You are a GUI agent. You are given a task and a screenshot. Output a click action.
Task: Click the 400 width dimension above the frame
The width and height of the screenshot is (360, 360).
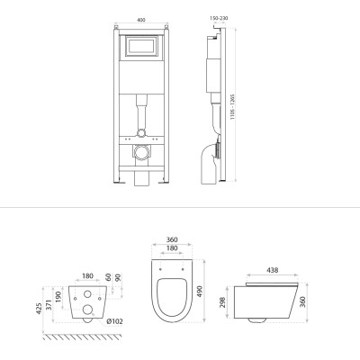tap(141, 20)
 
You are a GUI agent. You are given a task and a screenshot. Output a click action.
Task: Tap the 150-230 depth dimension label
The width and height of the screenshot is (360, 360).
tap(219, 18)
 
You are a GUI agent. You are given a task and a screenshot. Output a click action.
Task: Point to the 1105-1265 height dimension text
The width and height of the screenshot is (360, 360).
tap(232, 107)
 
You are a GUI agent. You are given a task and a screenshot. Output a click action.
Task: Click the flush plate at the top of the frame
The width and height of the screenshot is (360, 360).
tap(141, 46)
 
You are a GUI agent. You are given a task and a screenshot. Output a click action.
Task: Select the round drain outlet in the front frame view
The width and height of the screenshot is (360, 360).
tap(141, 152)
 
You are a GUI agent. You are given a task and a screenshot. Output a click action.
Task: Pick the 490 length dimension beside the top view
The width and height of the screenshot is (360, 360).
tap(200, 292)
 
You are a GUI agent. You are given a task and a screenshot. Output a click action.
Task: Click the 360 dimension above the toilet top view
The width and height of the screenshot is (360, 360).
tap(172, 239)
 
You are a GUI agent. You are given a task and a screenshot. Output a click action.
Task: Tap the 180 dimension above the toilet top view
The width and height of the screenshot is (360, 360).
tap(172, 248)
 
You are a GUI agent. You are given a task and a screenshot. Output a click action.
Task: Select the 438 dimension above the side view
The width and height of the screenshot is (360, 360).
tap(272, 270)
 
